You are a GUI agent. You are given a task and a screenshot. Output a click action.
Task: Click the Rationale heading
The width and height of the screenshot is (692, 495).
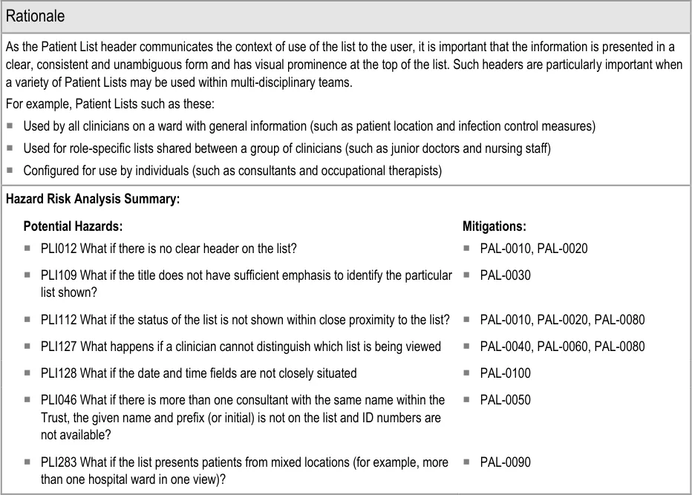[35, 16]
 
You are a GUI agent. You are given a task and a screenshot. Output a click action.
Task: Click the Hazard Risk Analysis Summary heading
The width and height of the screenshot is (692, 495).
[93, 199]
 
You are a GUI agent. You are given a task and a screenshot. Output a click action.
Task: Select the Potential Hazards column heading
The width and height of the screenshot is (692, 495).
[73, 226]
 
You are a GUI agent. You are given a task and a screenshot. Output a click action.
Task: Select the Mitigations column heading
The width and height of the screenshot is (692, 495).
[494, 226]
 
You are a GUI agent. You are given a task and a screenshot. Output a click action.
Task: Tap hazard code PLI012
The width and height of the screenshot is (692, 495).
[59, 249]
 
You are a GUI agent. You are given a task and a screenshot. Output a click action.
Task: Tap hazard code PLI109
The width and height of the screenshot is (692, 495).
[59, 275]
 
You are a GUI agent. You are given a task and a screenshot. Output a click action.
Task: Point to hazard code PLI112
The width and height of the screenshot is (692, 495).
[59, 320]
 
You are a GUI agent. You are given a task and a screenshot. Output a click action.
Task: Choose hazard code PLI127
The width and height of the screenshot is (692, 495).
[59, 347]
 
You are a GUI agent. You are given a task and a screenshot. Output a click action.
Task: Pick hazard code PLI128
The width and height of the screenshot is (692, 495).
[59, 373]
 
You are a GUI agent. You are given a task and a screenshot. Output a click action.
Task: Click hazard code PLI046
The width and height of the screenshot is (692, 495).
[59, 400]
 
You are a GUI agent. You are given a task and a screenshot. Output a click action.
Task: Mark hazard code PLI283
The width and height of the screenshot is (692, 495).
[59, 462]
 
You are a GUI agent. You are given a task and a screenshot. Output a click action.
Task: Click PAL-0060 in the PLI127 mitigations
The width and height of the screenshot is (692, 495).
[563, 347]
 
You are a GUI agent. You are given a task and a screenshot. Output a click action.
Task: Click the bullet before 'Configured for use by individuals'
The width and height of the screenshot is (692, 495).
[10, 171]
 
